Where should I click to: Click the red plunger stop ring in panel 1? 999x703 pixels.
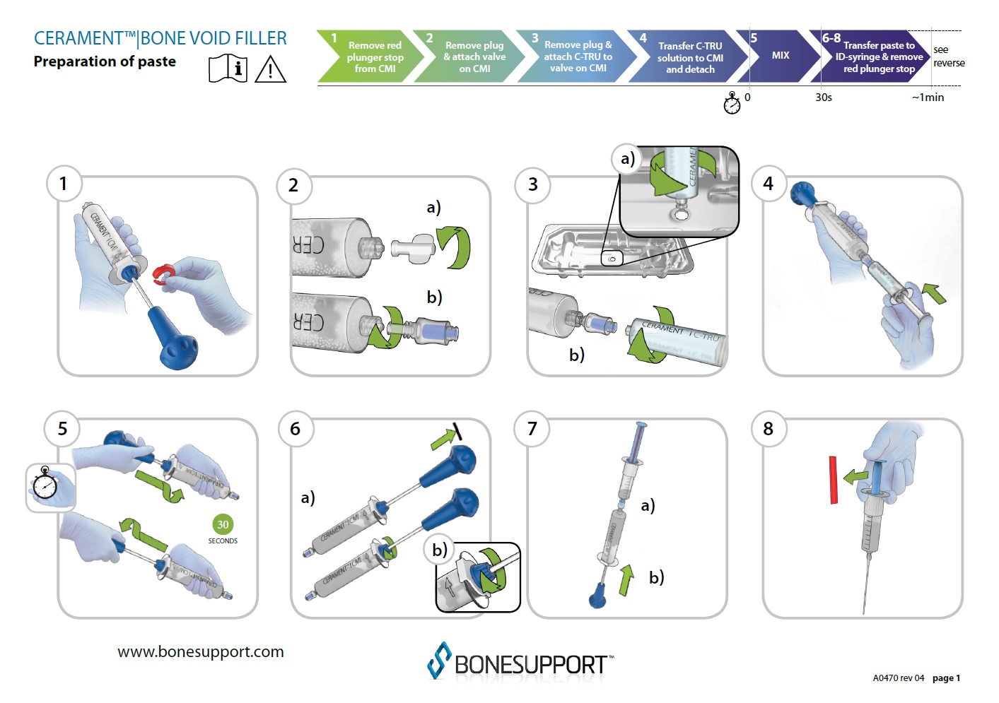165,274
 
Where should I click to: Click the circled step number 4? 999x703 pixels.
768,184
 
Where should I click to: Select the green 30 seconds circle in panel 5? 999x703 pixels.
223,524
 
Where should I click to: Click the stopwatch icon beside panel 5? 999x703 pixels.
45,485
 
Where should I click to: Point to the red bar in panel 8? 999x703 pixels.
834,480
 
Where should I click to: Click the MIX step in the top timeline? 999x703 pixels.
780,55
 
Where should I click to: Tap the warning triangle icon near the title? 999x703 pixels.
270,70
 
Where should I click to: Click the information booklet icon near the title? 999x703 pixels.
228,69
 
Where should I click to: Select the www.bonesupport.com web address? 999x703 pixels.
201,651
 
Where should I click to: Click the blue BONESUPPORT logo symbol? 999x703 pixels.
439,661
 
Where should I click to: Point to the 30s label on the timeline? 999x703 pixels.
824,98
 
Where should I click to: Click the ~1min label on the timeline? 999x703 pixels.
928,98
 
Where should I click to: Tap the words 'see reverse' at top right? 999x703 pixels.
948,57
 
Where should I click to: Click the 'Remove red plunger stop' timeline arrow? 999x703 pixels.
369,57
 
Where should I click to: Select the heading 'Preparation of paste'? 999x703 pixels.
105,61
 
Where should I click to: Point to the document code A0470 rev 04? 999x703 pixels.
898,678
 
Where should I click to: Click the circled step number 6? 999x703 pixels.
296,429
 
